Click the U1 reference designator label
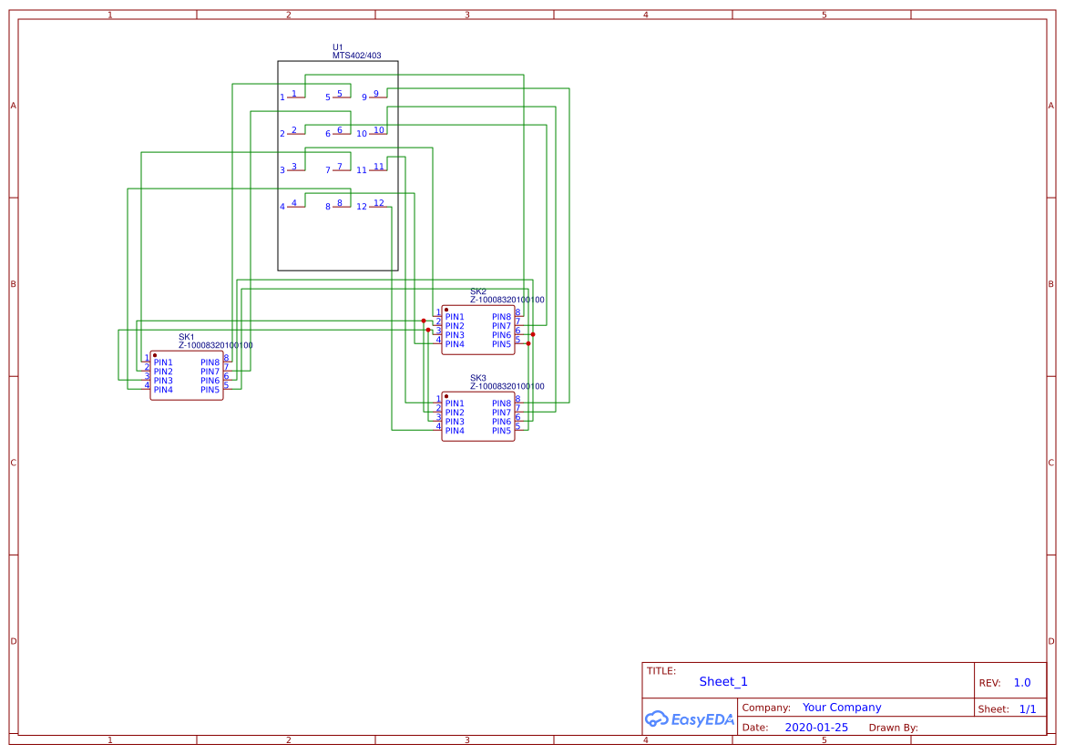click(338, 47)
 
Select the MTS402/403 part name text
click(356, 56)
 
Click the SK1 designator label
click(186, 337)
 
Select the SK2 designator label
click(477, 291)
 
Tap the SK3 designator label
click(477, 378)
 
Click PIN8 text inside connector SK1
click(210, 362)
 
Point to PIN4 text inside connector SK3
click(455, 431)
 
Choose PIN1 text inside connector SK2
click(455, 317)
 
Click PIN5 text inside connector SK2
click(502, 344)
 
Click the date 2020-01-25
click(816, 728)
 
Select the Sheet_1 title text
click(723, 682)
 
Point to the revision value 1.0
click(1022, 683)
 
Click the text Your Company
click(842, 708)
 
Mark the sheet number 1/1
click(1027, 708)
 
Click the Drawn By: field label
click(893, 728)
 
